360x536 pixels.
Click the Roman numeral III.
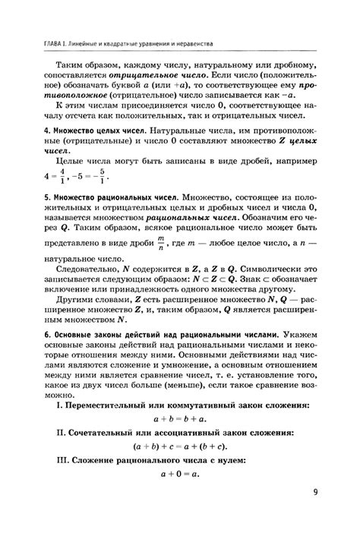coord(55,460)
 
